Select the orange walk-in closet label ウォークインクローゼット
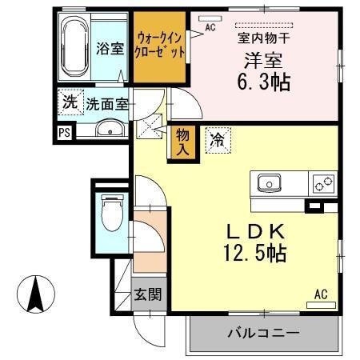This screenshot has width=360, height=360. point(161,43)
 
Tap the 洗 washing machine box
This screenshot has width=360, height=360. point(70,103)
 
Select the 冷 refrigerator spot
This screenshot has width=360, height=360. point(216,139)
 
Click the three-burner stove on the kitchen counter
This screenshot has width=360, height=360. point(324,183)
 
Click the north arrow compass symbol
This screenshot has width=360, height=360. point(36,294)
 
